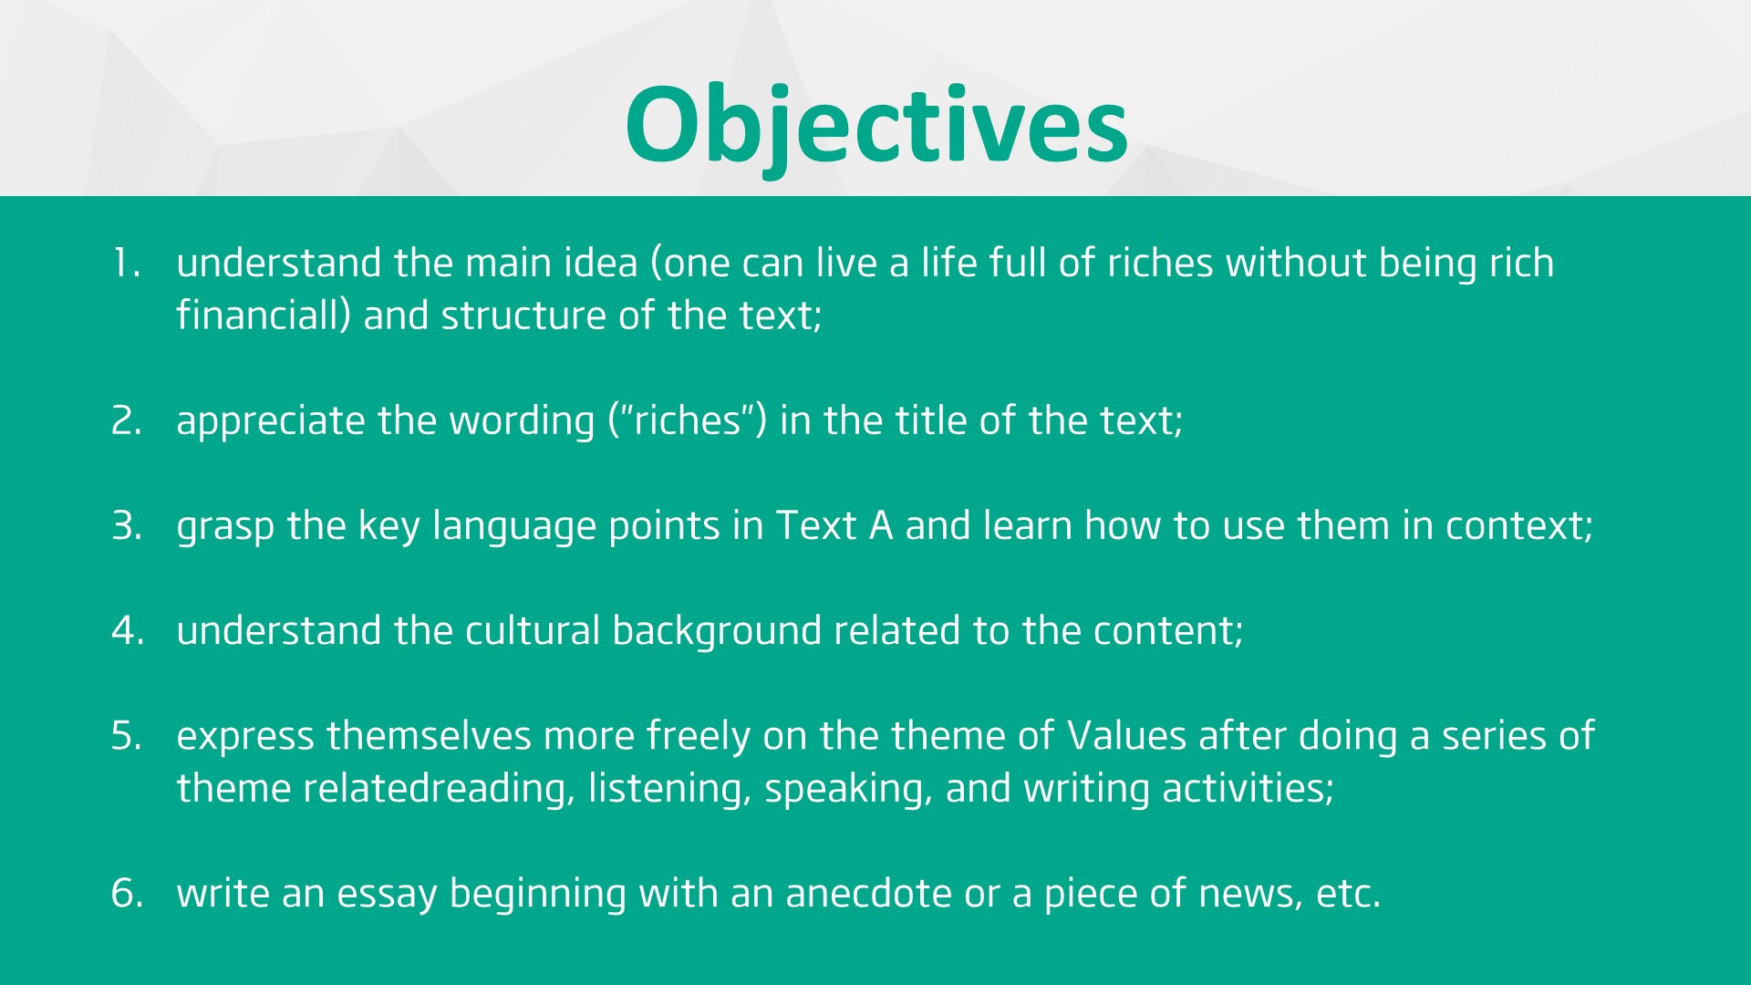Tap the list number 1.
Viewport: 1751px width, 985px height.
pyautogui.click(x=126, y=264)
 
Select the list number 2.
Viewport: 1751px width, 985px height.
pyautogui.click(x=127, y=421)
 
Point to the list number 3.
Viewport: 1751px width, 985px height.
pyautogui.click(x=127, y=526)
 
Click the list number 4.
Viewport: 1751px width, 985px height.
pyautogui.click(x=128, y=631)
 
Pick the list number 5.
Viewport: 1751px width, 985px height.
pyautogui.click(x=127, y=736)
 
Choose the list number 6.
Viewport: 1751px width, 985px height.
pyautogui.click(x=128, y=894)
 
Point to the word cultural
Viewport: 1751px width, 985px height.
pyautogui.click(x=533, y=630)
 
